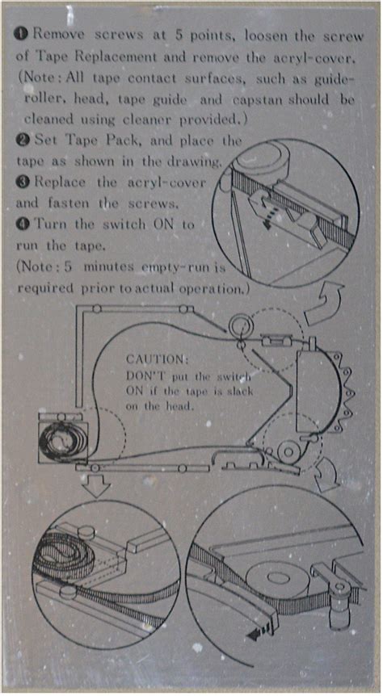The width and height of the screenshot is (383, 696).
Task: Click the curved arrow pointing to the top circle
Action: pyautogui.click(x=324, y=303)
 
